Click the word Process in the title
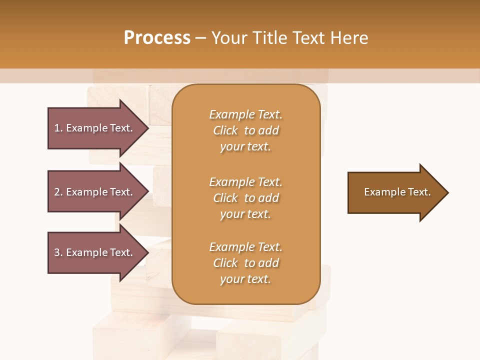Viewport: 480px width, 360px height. (157, 38)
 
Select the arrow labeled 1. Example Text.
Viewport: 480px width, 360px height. (95, 128)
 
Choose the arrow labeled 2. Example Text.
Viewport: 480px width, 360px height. (95, 192)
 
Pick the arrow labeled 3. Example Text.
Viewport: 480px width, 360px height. (95, 252)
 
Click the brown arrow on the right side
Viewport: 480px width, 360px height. (395, 192)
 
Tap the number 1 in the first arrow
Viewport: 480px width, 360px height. (57, 128)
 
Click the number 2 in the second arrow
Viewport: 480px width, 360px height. (57, 192)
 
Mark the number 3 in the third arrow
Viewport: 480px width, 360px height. (57, 252)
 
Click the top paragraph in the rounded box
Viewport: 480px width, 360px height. (245, 130)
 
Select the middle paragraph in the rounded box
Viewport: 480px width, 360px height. (245, 198)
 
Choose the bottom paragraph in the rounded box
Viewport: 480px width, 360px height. (245, 263)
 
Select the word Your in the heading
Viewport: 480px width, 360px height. (230, 38)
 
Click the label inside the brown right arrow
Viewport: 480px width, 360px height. (397, 192)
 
